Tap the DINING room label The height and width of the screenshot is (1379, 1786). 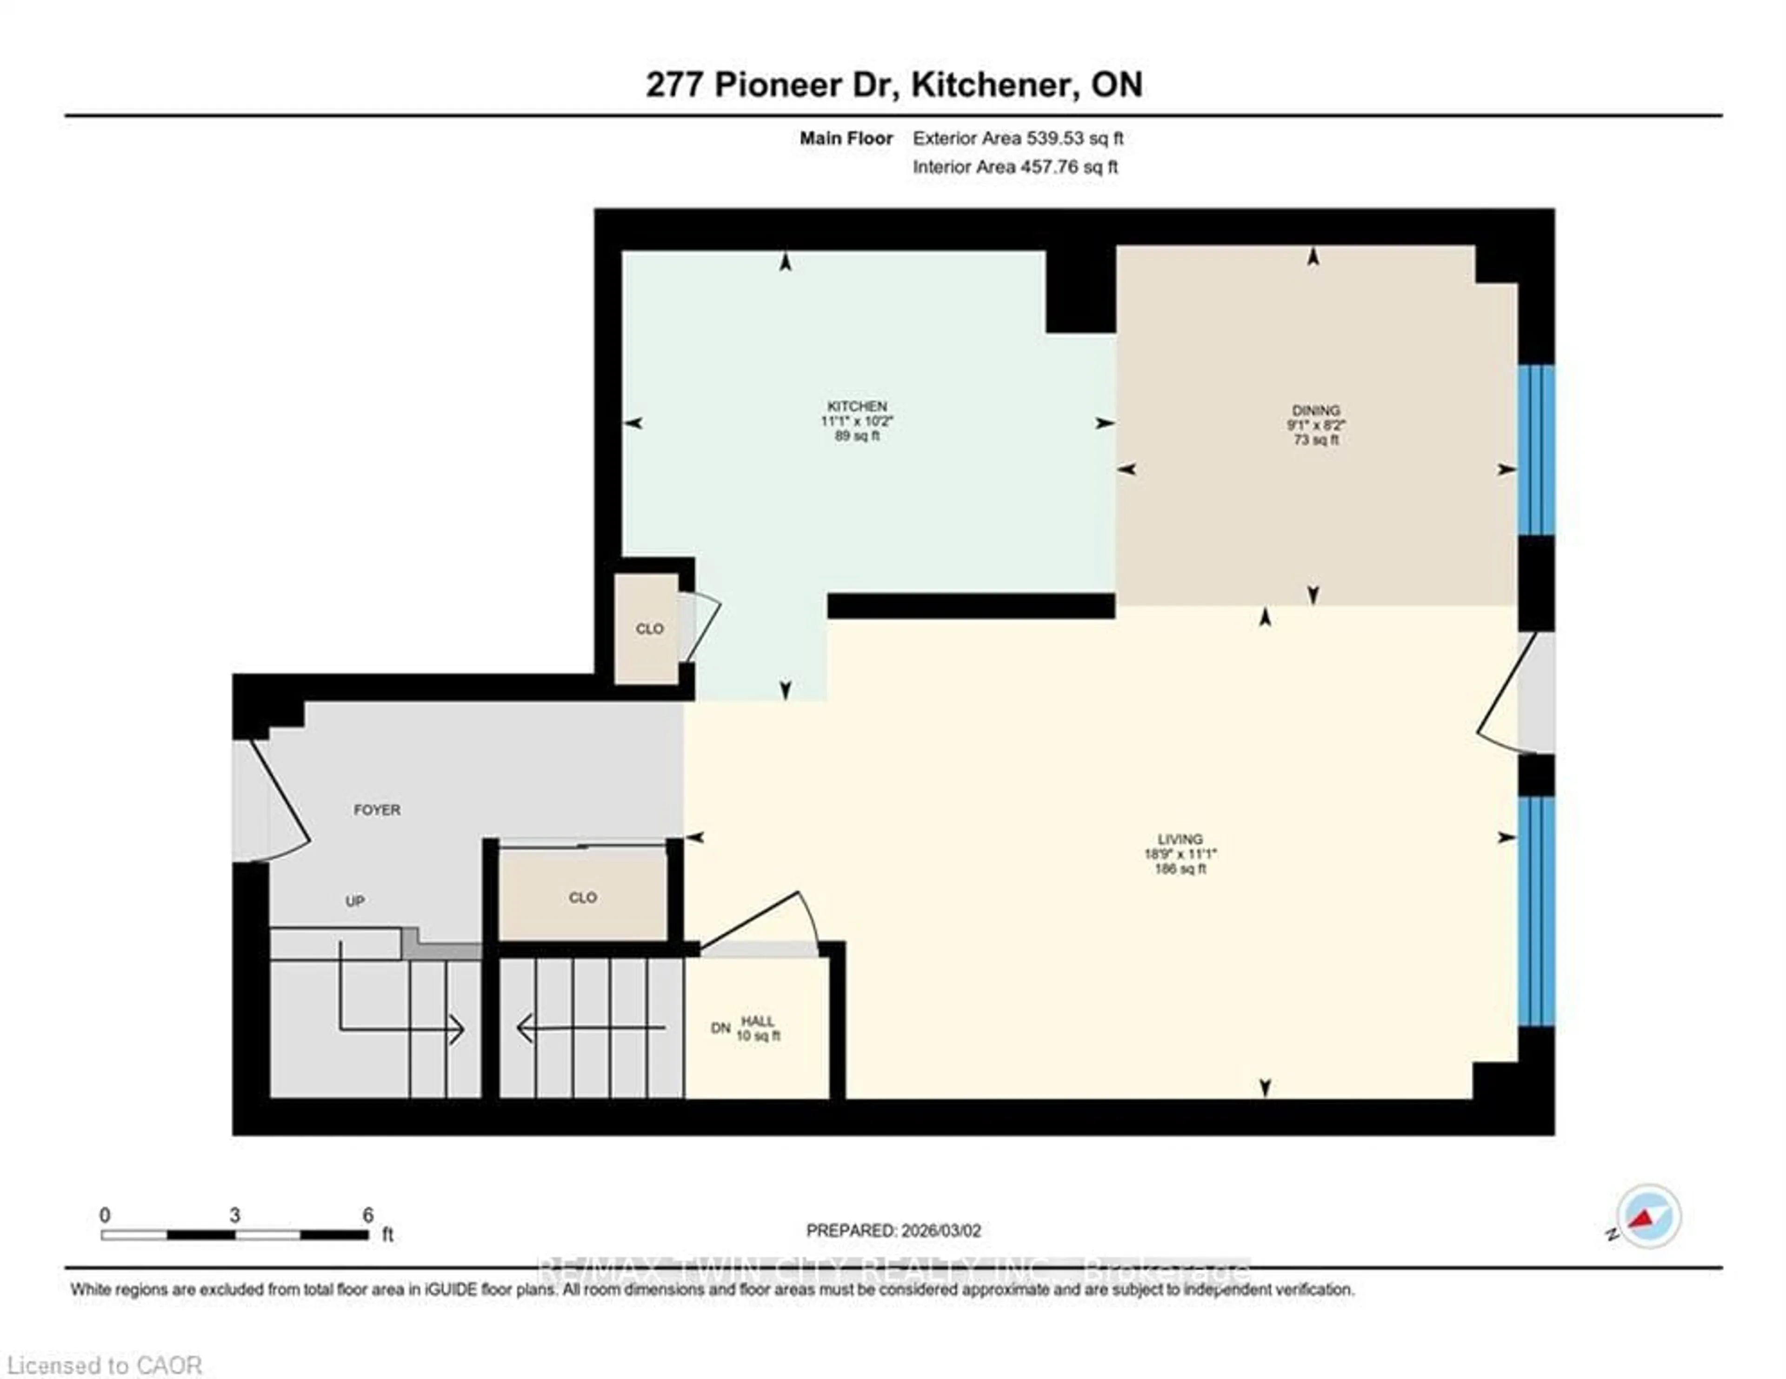(x=1315, y=411)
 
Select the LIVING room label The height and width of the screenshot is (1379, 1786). (x=1179, y=839)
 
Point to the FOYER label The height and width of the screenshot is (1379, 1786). (x=377, y=810)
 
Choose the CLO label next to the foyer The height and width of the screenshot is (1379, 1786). (x=582, y=898)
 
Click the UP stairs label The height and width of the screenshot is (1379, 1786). (x=354, y=901)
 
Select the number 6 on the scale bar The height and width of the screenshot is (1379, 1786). (x=368, y=1215)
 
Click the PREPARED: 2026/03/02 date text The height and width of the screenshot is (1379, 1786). (x=893, y=1230)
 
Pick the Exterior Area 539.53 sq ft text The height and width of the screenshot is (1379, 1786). (x=1017, y=138)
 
